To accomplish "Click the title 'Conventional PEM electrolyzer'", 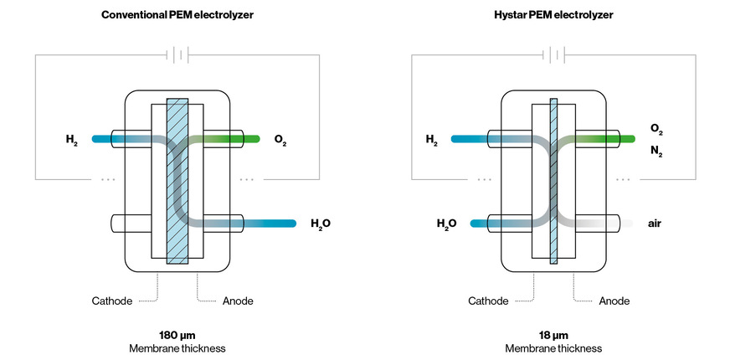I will [177, 15].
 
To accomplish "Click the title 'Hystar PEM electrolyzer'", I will [553, 15].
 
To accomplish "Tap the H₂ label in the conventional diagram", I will [71, 139].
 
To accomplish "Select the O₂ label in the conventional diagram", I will [281, 139].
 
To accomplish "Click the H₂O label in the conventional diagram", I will [321, 224].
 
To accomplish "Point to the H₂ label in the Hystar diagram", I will [431, 139].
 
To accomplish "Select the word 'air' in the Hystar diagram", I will [655, 224].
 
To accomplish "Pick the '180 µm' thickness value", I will [177, 335].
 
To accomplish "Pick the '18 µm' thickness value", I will [553, 335].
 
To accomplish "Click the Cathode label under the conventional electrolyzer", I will [114, 301].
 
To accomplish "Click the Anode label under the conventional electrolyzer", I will [237, 301].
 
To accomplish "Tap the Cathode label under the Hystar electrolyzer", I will [489, 301].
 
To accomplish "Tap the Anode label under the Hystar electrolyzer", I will [614, 301].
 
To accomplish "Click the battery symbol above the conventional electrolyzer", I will [177, 55].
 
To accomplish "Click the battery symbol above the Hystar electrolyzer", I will [553, 55].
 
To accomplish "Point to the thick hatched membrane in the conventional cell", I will [177, 181].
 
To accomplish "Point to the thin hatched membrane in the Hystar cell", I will [553, 181].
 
